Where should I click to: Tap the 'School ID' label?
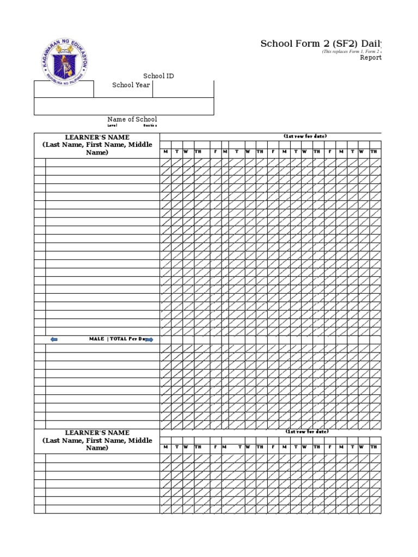pos(158,76)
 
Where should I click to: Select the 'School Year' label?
pos(131,85)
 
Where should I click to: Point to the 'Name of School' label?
pos(132,119)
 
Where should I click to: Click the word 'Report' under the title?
pos(371,58)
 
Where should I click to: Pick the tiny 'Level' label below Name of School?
pos(112,125)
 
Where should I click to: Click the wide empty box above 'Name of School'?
pos(124,107)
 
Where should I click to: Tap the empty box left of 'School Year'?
pos(64,89)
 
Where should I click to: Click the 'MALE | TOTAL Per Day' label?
pos(118,339)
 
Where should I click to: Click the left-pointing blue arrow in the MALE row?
pos(53,339)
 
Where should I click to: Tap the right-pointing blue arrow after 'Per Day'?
pos(150,339)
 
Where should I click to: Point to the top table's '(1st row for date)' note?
pos(305,136)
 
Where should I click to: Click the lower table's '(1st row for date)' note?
pos(307,431)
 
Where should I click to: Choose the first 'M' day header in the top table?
pos(165,151)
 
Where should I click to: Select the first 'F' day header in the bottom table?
pos(216,447)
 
